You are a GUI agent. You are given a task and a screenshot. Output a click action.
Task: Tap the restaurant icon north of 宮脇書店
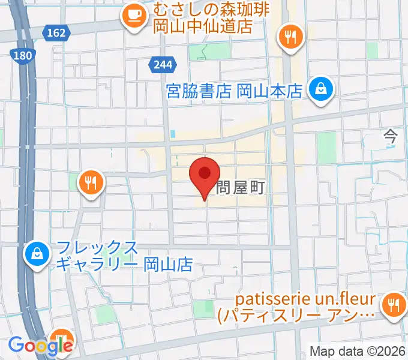click(x=291, y=37)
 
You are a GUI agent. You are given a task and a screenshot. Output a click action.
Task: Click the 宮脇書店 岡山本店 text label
click(x=233, y=91)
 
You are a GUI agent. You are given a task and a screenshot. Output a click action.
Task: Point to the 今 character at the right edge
click(x=391, y=137)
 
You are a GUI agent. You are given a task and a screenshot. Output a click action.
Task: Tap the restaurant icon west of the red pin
click(x=91, y=182)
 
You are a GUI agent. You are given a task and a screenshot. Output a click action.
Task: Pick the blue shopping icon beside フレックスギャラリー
click(x=37, y=254)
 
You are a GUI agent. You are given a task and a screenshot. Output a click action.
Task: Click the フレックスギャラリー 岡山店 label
click(x=124, y=256)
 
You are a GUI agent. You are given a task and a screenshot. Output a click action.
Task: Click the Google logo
click(x=40, y=345)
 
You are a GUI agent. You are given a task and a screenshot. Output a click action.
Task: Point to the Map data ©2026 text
click(x=358, y=351)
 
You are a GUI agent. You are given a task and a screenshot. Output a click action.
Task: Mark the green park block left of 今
click(x=326, y=147)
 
